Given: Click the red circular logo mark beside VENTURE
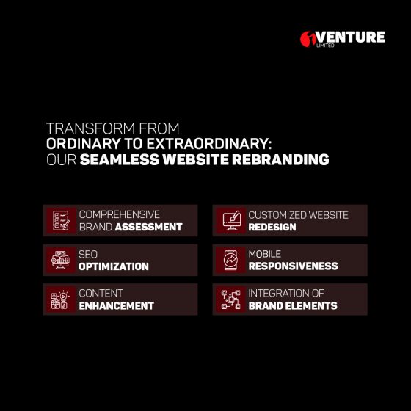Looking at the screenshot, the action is [x=308, y=39].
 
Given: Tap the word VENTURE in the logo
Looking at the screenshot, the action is [x=351, y=37].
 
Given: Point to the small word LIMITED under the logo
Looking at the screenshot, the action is [x=325, y=46].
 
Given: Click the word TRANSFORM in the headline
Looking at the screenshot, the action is [x=91, y=128].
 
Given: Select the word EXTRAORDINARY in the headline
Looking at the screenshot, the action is [x=209, y=144].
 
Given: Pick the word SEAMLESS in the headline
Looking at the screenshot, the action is [x=120, y=160].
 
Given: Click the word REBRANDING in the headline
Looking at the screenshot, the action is [x=280, y=160].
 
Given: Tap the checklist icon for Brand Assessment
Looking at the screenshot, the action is [x=61, y=220].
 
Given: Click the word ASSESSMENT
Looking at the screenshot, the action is [x=148, y=227].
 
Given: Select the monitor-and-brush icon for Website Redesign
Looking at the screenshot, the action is [x=231, y=220].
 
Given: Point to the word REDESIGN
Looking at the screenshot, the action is [x=272, y=227].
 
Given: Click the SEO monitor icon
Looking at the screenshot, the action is [x=60, y=260].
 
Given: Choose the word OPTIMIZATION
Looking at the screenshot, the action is [x=114, y=266].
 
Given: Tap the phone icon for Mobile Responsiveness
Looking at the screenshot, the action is [x=230, y=260].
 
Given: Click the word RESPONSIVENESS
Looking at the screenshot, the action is [x=293, y=266].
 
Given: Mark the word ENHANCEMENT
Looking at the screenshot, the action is [x=117, y=305].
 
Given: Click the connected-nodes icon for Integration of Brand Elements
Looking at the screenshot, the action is [x=230, y=299].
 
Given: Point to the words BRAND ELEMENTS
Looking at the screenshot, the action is [x=293, y=305].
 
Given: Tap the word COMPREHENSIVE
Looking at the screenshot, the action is [x=119, y=214].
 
